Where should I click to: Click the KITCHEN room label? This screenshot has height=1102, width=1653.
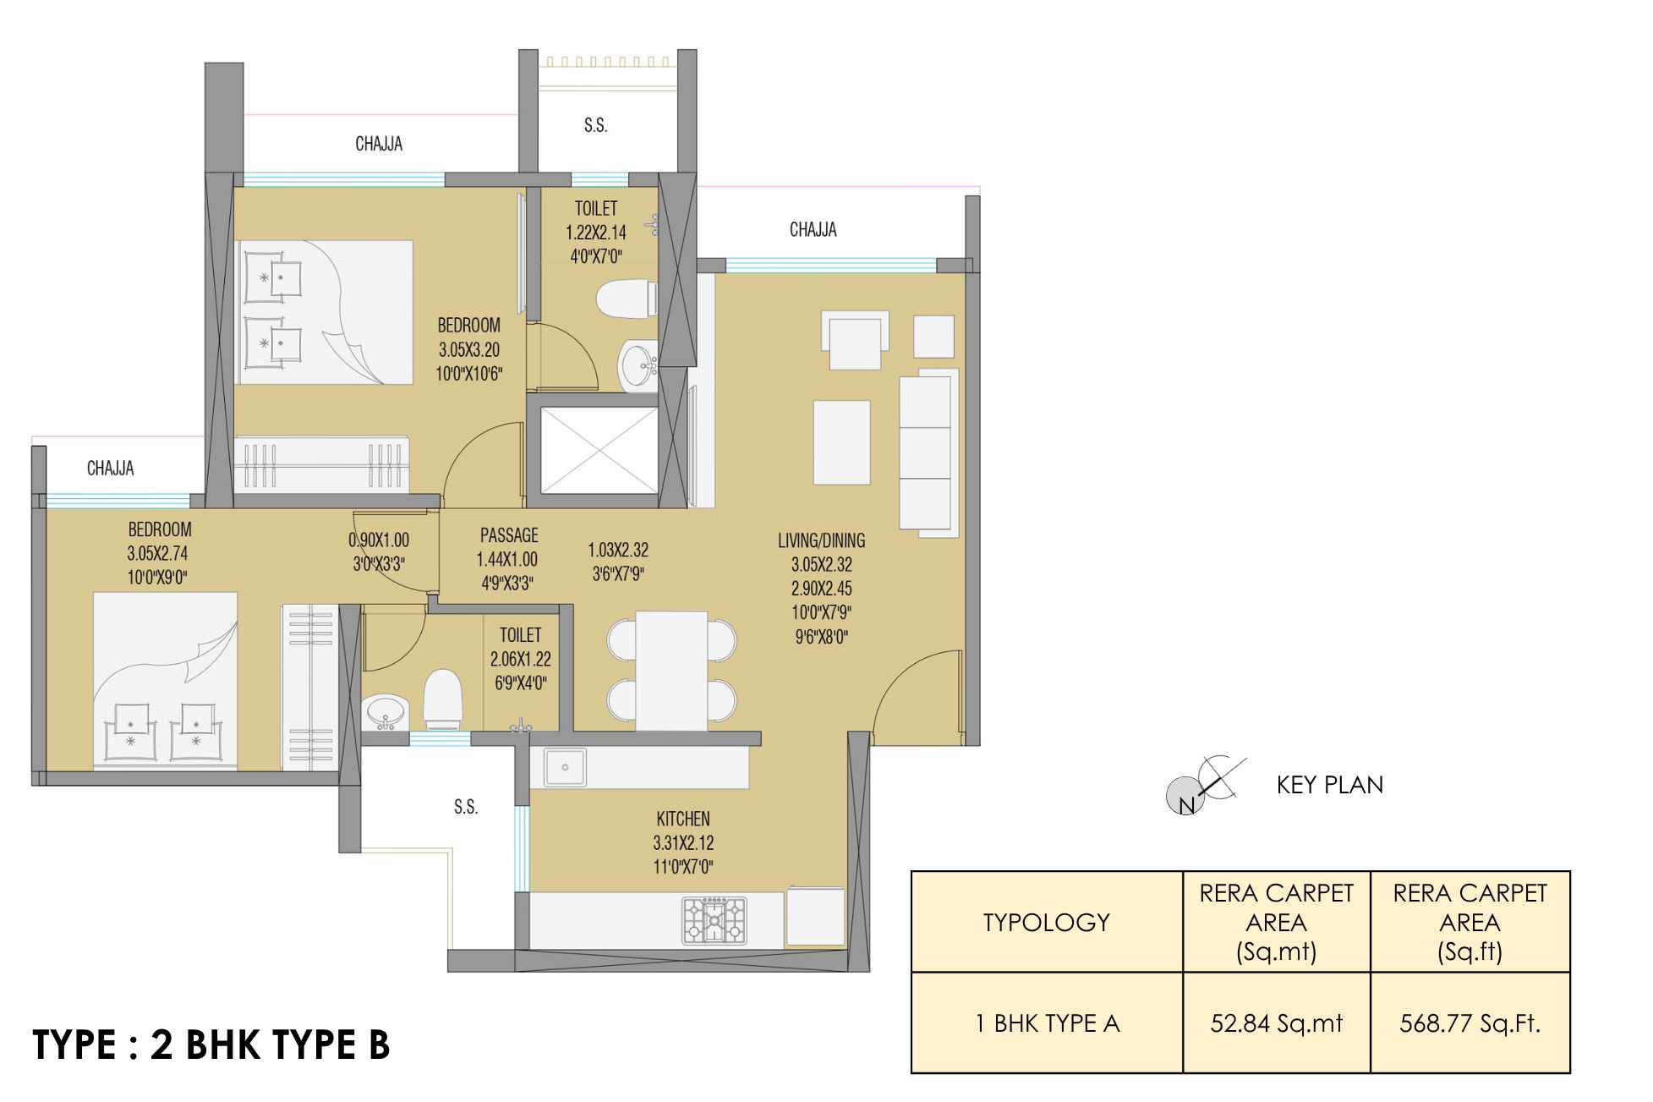[683, 819]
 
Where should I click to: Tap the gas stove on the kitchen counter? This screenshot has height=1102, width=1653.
[715, 920]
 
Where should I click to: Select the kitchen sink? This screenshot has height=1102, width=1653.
[564, 768]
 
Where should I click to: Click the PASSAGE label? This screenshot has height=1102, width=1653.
[509, 535]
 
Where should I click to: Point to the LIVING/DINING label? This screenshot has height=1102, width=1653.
[822, 540]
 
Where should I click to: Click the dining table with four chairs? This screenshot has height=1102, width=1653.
[671, 671]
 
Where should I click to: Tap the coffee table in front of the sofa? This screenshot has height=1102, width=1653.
[841, 442]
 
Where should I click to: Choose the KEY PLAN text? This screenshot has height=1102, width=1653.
[1330, 785]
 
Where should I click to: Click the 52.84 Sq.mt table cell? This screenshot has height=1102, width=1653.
[1277, 1023]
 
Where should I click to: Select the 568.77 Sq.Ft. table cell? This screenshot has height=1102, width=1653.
[1470, 1023]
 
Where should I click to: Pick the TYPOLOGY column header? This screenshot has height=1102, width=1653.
[1047, 922]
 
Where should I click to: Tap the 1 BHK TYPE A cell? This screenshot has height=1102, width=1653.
[1047, 1023]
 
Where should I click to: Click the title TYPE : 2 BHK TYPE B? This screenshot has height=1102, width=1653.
[211, 1045]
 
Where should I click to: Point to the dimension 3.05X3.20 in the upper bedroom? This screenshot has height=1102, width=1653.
[469, 349]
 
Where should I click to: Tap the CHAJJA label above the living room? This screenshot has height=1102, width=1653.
[813, 230]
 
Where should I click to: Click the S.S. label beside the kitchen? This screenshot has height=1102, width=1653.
[466, 807]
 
